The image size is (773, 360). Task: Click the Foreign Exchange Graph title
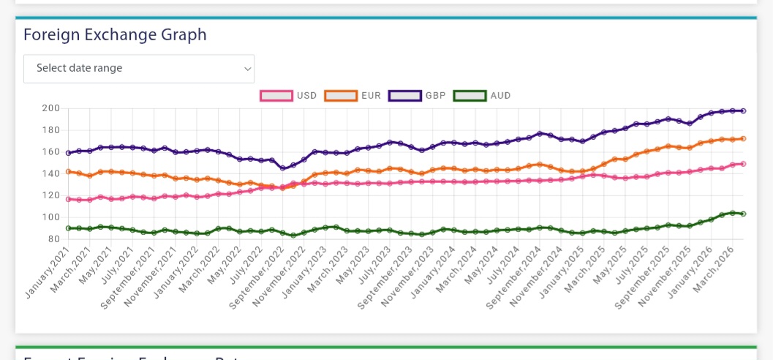115,34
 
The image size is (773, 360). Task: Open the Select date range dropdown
139,68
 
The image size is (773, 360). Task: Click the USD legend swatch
276,95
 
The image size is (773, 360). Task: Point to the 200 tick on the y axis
50,108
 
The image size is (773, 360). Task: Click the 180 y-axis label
50,130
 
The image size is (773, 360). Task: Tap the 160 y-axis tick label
50,152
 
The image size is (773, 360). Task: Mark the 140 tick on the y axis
50,173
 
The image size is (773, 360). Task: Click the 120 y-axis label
50,195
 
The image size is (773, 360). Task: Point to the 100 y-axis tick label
50,217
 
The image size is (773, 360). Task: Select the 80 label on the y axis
53,239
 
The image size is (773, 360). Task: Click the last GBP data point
743,110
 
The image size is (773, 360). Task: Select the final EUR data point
743,138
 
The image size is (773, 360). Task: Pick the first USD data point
68,199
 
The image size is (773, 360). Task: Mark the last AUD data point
743,214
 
